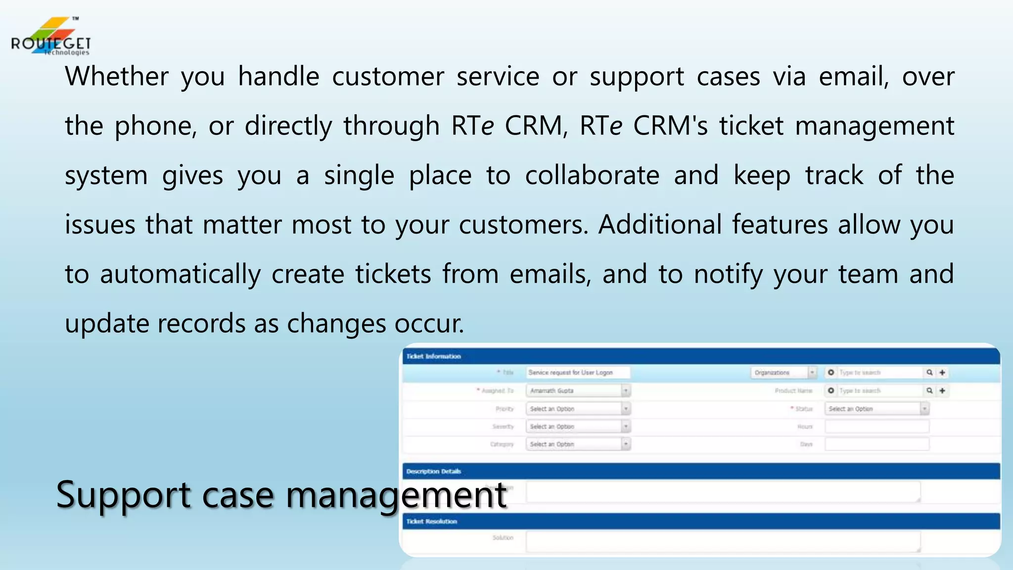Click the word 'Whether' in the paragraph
coord(117,77)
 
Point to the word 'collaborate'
coord(592,176)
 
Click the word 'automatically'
coord(180,275)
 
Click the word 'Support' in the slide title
coord(123,494)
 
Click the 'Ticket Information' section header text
coord(433,356)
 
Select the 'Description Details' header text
coord(433,472)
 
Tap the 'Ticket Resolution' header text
coord(431,522)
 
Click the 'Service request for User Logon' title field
coord(577,373)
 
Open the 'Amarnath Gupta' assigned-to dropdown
coord(577,391)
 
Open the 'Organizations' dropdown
coord(783,373)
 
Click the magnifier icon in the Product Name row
coord(929,391)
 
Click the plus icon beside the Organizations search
coord(942,373)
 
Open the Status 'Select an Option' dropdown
coord(876,409)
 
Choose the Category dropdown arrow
coord(626,444)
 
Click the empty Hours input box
coord(876,427)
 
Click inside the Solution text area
coord(723,541)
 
